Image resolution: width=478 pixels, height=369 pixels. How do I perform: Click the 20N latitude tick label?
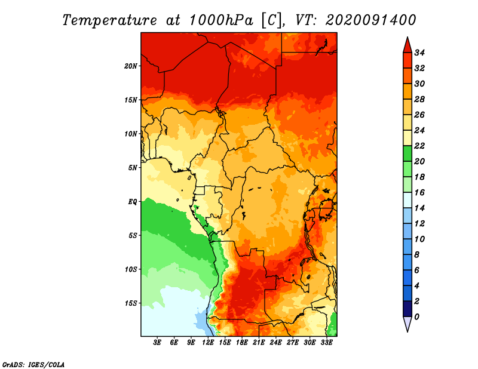click(131, 66)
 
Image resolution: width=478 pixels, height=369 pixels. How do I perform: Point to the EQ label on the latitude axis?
click(133, 202)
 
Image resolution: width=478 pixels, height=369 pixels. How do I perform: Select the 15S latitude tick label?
click(131, 303)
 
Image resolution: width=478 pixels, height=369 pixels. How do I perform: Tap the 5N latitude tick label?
click(133, 168)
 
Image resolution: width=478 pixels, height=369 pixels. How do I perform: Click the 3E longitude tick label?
click(157, 343)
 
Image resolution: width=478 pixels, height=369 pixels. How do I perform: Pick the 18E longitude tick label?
click(242, 343)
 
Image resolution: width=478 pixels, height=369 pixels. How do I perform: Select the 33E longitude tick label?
click(326, 343)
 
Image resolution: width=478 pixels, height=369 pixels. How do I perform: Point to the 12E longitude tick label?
click(208, 343)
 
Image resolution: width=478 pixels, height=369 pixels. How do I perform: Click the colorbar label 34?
click(419, 53)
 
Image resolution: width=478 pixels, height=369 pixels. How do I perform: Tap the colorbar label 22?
click(419, 146)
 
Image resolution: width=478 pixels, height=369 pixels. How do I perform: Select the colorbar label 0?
click(416, 317)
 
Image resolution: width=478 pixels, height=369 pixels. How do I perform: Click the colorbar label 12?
click(419, 224)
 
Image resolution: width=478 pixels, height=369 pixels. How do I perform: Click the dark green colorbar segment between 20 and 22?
click(407, 153)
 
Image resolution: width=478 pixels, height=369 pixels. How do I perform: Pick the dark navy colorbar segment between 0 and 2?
click(407, 309)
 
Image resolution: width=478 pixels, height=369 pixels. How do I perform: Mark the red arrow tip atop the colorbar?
click(407, 37)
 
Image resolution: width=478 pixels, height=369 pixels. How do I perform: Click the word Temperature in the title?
click(110, 20)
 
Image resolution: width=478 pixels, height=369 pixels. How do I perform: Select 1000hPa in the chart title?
click(221, 20)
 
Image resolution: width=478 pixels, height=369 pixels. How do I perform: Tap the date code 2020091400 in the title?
click(370, 20)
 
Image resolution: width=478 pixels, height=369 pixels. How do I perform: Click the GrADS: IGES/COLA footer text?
click(33, 365)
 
